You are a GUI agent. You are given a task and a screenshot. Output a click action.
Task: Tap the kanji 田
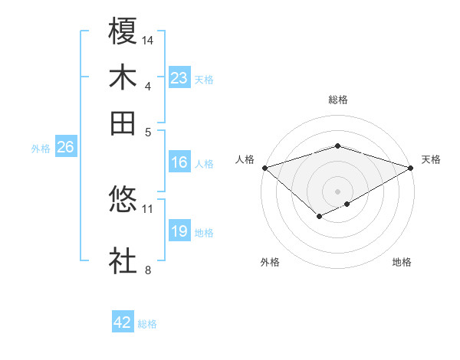[123, 123]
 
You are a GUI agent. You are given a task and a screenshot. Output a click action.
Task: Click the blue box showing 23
[179, 78]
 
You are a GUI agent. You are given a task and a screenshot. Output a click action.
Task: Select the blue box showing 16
[179, 162]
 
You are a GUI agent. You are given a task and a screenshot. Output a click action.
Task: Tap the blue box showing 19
[179, 231]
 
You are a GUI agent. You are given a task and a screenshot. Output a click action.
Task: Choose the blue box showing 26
[65, 148]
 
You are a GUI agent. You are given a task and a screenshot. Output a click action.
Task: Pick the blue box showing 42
[123, 322]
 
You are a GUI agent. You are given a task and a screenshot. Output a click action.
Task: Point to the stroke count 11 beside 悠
[148, 208]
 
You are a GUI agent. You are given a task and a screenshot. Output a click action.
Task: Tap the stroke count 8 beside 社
[148, 269]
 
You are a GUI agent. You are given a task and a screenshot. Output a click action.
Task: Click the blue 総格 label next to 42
[147, 324]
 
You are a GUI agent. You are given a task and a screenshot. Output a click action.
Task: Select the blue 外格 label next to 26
[41, 149]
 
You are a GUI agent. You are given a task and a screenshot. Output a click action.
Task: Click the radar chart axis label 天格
[431, 159]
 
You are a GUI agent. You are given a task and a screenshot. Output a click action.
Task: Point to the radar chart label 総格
[338, 100]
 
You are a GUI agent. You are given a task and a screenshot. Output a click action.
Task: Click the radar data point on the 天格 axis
[411, 168]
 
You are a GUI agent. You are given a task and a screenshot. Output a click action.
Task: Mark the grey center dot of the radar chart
[337, 191]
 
